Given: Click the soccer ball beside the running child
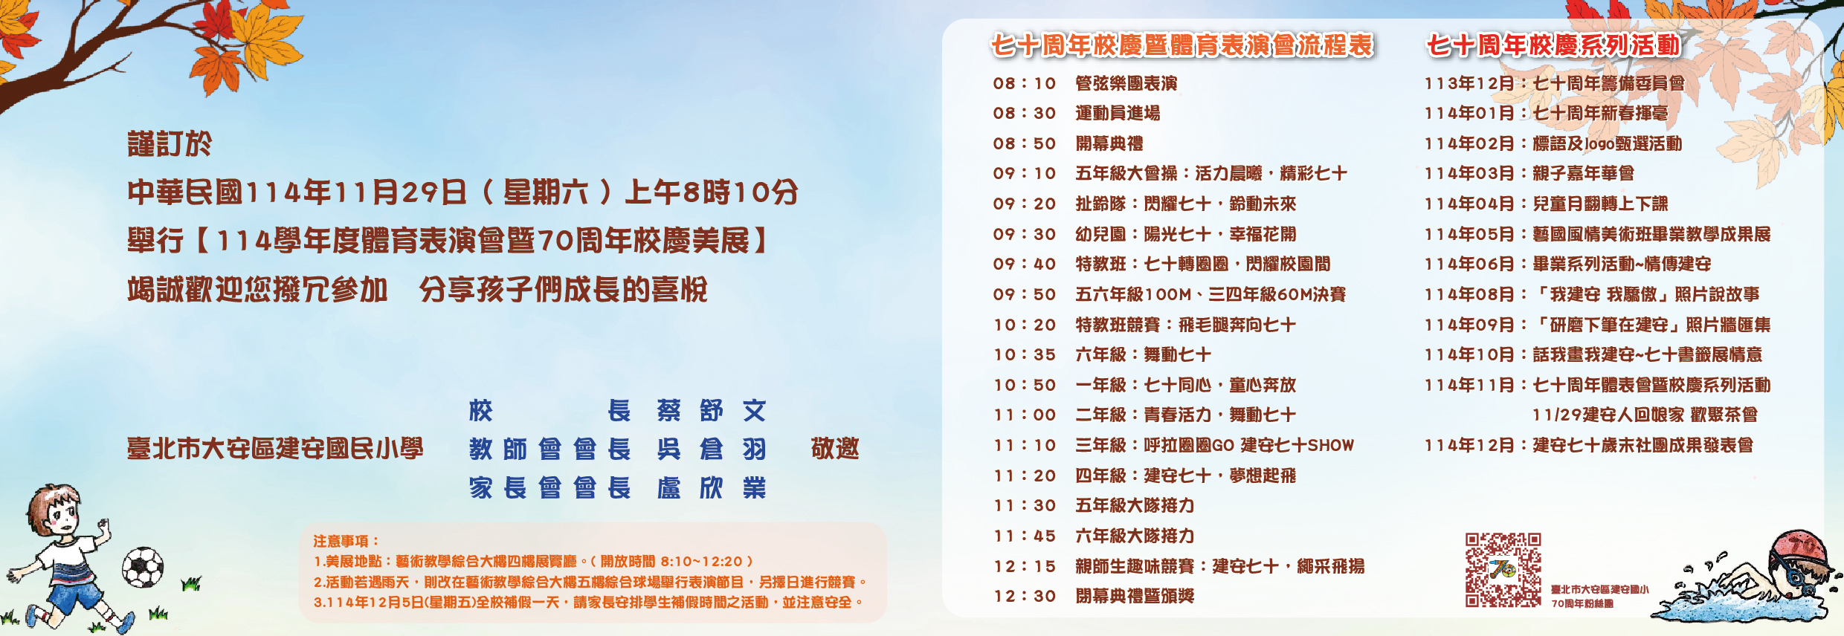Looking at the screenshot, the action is tap(143, 568).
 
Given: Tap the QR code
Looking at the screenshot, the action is tap(1503, 570).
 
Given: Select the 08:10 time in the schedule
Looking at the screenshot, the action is tap(1025, 83).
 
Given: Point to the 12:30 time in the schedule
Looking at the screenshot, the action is tap(1025, 596).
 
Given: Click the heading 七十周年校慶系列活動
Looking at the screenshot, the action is tap(1553, 45).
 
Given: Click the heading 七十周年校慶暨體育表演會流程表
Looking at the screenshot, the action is tap(1182, 45).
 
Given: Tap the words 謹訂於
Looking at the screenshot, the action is tap(170, 144).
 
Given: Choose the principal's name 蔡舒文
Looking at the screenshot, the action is tap(712, 410).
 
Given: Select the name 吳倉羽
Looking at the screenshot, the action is tap(712, 449).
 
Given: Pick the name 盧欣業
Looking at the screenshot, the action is tap(712, 487).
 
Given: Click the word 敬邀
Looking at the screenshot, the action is tap(835, 449).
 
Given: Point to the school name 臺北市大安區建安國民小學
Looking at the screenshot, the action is tap(275, 449).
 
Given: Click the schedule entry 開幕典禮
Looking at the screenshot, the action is tap(1109, 143).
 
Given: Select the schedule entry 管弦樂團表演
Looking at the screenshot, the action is tap(1126, 83).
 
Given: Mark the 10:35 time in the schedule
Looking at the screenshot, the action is tap(1025, 354).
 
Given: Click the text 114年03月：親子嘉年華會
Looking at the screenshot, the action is tap(1529, 173).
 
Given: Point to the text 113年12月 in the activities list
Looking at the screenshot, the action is tap(1469, 83).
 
